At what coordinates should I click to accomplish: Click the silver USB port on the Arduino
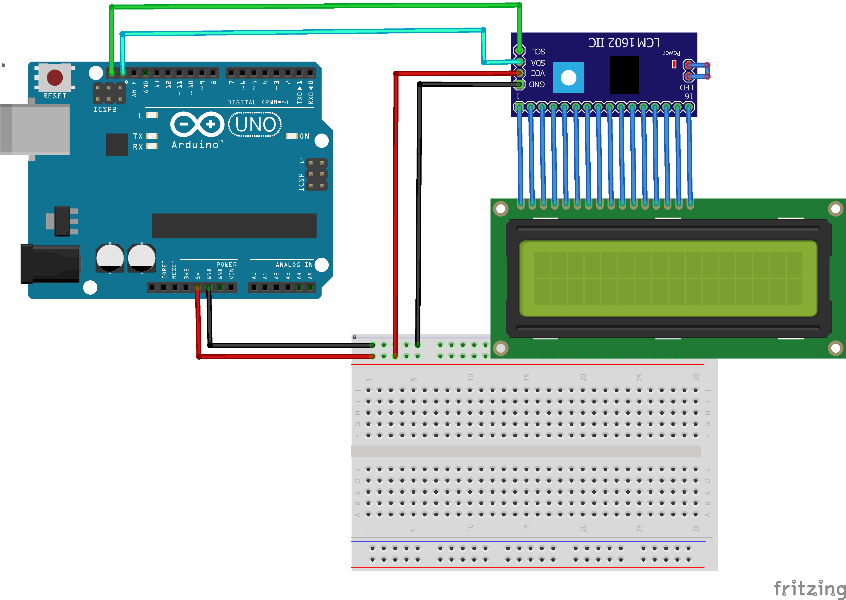[35, 129]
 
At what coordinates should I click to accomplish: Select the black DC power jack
[50, 264]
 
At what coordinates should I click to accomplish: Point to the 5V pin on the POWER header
[198, 287]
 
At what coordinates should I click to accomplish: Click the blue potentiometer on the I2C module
[569, 77]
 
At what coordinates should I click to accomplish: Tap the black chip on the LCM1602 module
[624, 75]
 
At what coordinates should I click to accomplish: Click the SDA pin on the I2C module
[520, 62]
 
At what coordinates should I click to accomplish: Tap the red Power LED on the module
[674, 64]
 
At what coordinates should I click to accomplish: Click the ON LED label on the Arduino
[304, 136]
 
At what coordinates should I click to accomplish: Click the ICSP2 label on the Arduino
[105, 109]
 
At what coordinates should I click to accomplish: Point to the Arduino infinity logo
[197, 124]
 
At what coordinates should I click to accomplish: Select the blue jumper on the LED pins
[698, 70]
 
